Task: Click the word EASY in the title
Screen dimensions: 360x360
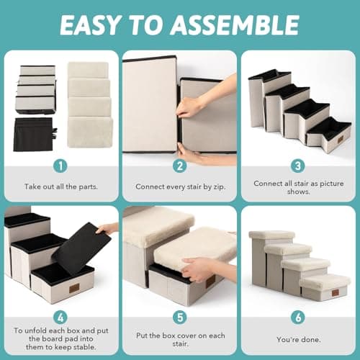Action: coord(91,24)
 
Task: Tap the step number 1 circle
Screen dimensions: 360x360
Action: coord(60,166)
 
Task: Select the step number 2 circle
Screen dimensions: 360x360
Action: coord(179,166)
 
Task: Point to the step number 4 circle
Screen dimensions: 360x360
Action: coord(60,317)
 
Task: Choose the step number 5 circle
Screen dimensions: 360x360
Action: coord(179,317)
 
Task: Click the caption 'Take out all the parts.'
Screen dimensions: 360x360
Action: coord(60,186)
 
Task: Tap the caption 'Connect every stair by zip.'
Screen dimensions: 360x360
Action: coord(179,186)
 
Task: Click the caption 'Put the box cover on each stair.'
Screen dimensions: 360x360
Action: coord(179,339)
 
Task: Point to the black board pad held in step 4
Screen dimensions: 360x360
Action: coord(79,248)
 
